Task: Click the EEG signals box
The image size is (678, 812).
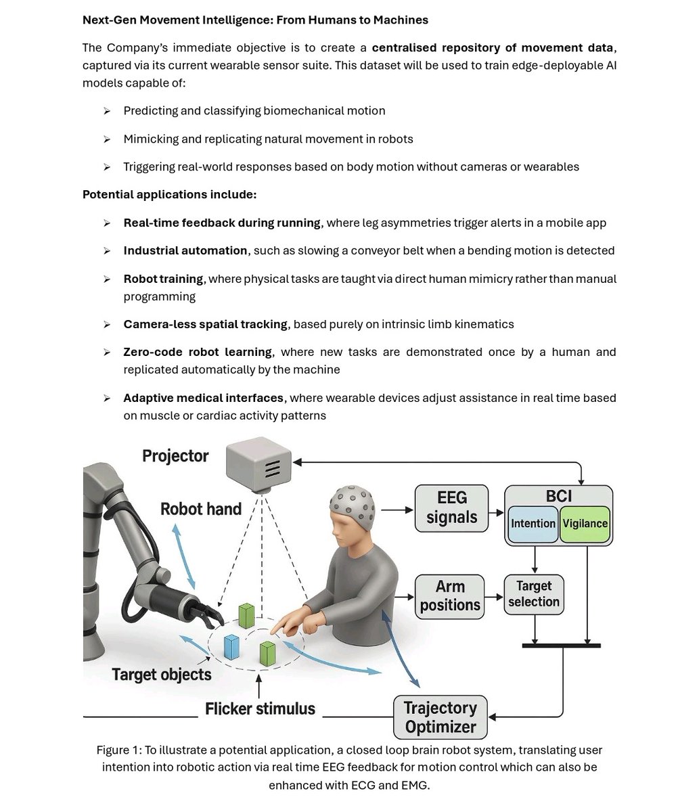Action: click(451, 507)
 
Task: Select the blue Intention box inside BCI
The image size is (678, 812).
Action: click(533, 523)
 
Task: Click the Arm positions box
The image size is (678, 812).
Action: click(450, 595)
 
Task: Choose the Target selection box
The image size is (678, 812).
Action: click(533, 594)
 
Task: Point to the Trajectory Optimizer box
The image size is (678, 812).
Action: click(440, 717)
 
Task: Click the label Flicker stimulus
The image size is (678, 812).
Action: click(261, 708)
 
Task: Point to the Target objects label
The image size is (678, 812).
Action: click(162, 674)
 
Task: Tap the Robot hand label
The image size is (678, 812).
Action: click(200, 509)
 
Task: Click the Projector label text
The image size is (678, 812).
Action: click(175, 456)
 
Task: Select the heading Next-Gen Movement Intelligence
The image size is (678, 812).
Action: click(255, 20)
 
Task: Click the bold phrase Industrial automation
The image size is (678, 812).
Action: click(185, 250)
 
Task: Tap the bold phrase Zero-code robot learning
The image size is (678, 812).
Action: click(198, 352)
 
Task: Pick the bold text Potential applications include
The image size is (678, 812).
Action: click(169, 194)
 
